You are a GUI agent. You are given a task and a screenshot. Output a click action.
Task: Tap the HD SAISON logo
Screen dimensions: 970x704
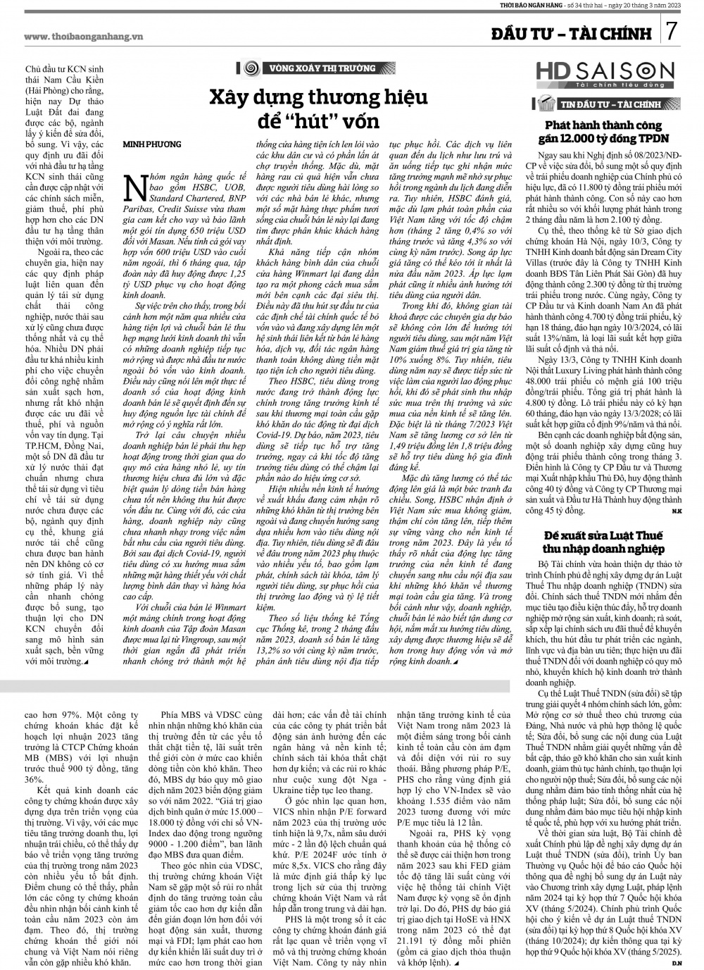(x=604, y=73)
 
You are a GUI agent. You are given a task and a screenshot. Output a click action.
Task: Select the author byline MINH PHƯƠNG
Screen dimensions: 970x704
(x=153, y=144)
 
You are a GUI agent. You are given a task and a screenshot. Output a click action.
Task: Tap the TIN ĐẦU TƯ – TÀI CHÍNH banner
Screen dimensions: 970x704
(x=599, y=105)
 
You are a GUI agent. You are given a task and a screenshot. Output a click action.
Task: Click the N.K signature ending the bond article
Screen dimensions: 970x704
(x=677, y=510)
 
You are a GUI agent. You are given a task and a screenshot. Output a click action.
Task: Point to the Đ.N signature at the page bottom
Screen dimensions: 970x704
(x=677, y=962)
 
